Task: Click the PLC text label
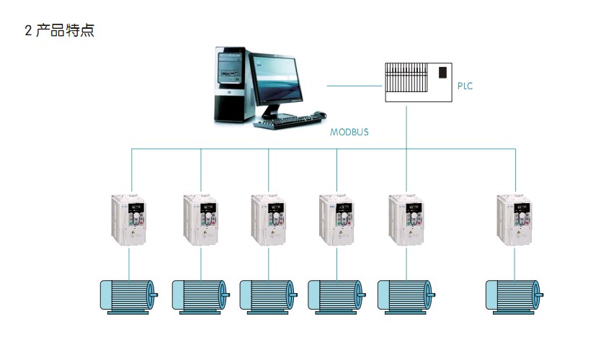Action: coord(465,86)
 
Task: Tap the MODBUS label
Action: coord(349,132)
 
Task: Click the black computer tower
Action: coord(233,85)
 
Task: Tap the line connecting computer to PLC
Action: coord(354,86)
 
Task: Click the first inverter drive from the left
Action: coord(130,222)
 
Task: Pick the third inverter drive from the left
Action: coord(268,222)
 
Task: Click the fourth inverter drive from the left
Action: coord(337,222)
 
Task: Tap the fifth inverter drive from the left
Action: coord(406,222)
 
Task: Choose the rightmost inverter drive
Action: coord(515,222)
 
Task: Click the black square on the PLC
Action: coord(442,72)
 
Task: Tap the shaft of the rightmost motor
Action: coord(540,294)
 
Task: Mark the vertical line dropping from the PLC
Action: coord(407,126)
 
